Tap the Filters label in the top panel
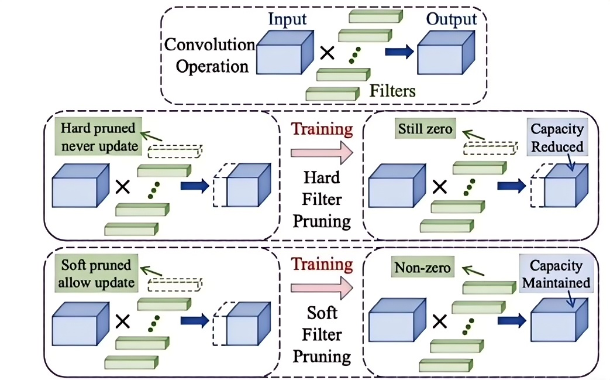(392, 91)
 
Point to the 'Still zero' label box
(425, 129)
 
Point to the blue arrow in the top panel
(399, 52)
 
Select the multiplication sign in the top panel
(328, 54)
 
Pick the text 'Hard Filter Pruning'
(322, 199)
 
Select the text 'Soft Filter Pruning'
(322, 334)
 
